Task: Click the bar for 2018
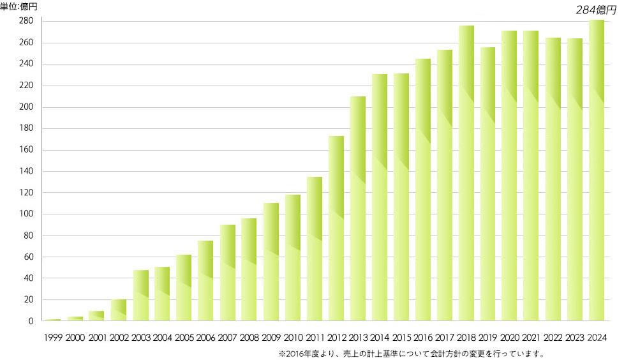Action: coord(466,172)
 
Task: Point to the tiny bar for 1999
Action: coord(54,319)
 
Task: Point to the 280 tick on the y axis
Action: coord(26,22)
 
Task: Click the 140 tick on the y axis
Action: coord(26,172)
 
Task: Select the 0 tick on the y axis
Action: coord(30,321)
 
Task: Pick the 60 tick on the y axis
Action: coord(27,257)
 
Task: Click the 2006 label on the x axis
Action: coord(205,338)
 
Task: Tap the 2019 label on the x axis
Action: coord(488,338)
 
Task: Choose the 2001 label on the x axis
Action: coord(97,338)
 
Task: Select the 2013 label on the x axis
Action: coord(358,338)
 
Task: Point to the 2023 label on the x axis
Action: coord(575,338)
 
